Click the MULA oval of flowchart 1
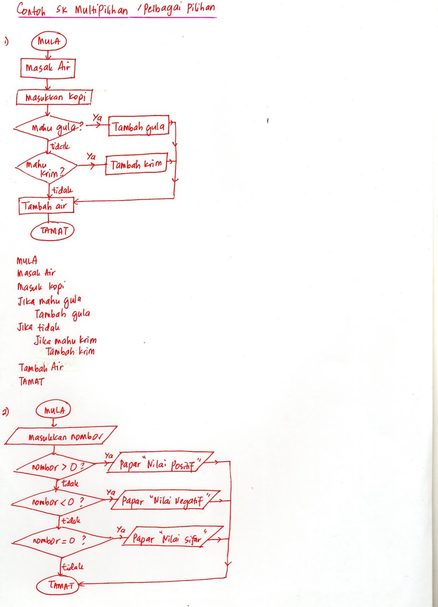[49, 41]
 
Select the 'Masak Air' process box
[48, 68]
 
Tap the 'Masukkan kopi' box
[54, 97]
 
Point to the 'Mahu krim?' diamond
[47, 167]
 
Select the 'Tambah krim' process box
[136, 164]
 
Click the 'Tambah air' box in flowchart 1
[46, 206]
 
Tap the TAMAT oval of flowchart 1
[52, 231]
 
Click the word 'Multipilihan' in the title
[101, 10]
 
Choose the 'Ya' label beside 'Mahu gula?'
[97, 118]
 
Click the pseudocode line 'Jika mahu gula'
[49, 301]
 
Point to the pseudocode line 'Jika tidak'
[38, 327]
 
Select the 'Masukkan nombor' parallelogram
[61, 436]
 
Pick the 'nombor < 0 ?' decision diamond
[58, 502]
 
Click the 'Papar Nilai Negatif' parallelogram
[165, 500]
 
